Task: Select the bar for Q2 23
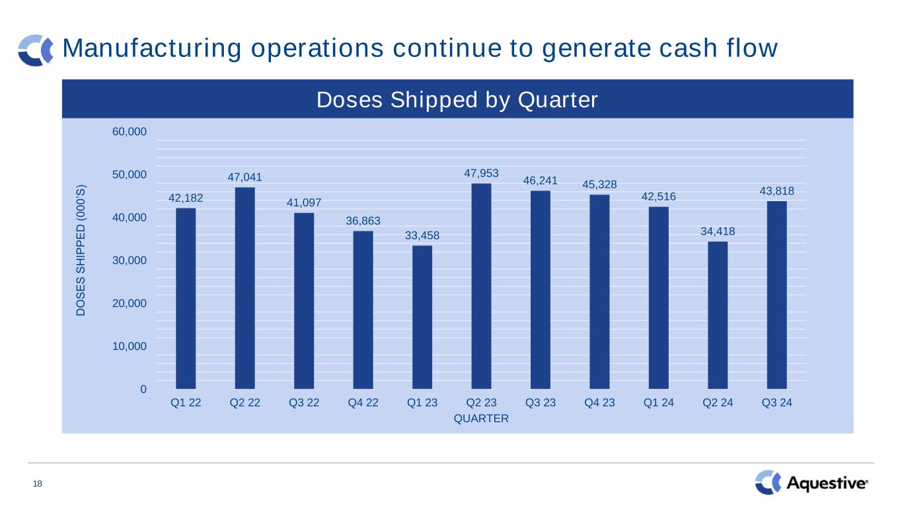481,286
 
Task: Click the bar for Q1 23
422,317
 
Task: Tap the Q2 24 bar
718,316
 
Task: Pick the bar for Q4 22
363,310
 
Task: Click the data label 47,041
244,177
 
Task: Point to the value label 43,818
776,190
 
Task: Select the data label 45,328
599,185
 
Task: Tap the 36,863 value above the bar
363,220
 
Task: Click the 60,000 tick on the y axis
130,132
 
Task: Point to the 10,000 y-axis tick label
130,346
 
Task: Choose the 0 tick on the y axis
143,389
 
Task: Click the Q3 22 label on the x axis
304,402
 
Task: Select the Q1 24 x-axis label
659,402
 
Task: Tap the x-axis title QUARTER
481,419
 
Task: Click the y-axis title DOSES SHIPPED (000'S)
81,251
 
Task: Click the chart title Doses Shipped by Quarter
457,100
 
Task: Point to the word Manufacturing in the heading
152,48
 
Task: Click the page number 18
38,484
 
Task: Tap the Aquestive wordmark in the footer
827,483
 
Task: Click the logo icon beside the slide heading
36,50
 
